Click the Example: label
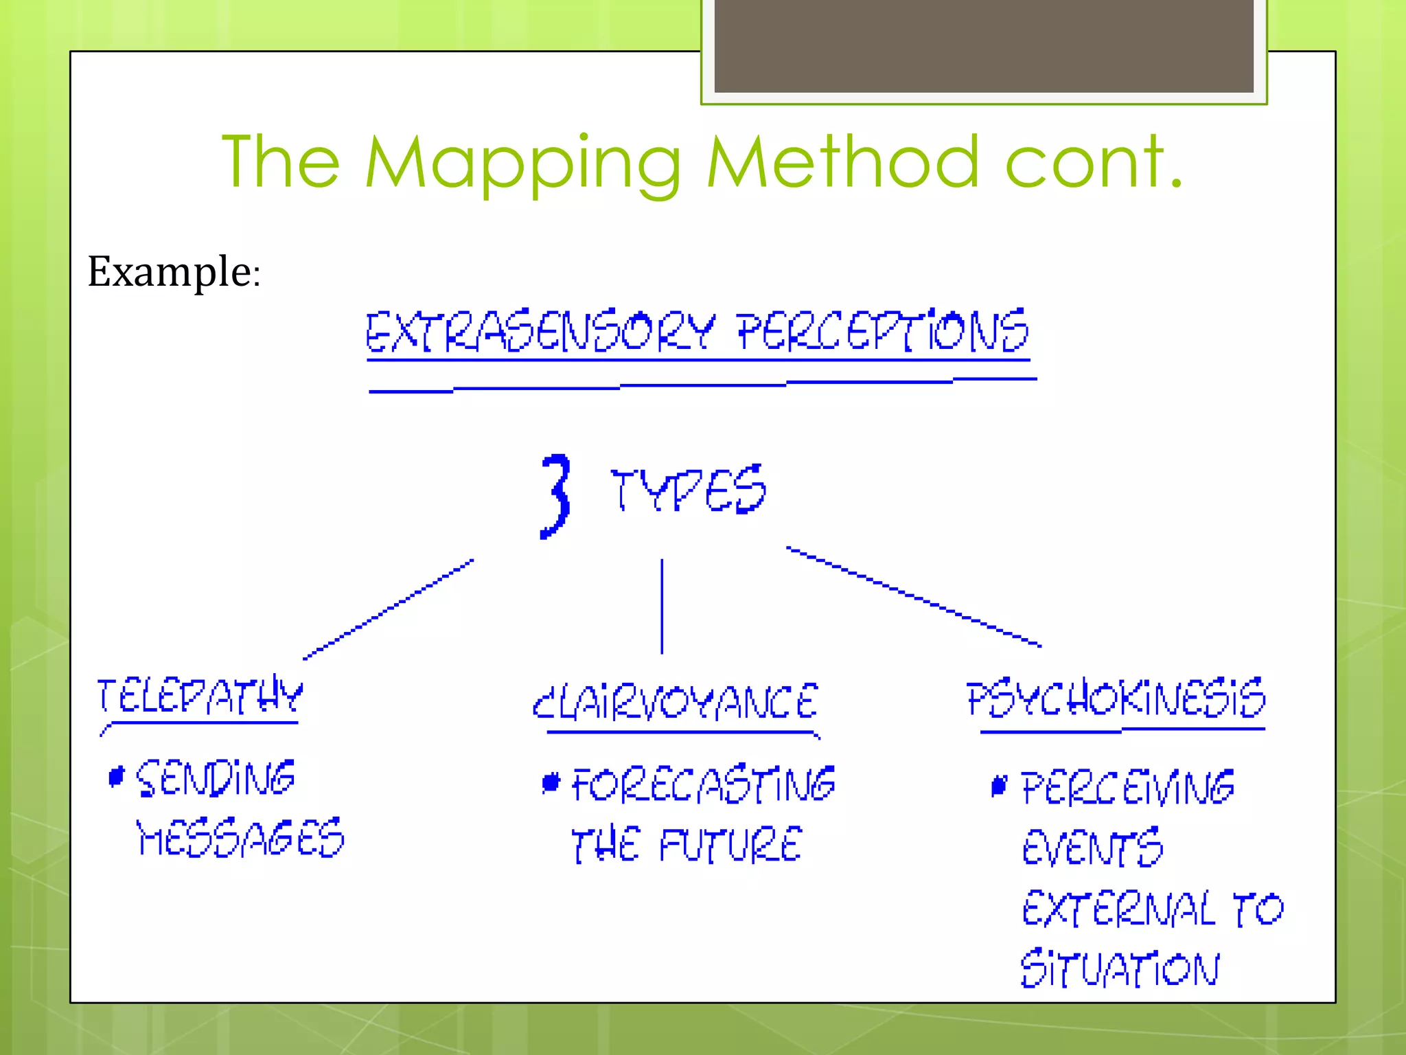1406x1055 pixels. coord(174,271)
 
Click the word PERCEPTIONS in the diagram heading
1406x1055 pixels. coord(883,331)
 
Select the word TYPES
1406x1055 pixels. coord(688,489)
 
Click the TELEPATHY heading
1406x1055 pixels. coord(199,696)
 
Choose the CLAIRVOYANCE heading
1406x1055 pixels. coord(676,701)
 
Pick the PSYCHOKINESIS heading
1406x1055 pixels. coord(1116,699)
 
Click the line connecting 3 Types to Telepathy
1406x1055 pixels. coord(388,609)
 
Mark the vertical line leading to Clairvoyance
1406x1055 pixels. coord(662,606)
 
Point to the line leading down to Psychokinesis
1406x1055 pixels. coord(913,596)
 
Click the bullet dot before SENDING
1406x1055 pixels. coord(117,777)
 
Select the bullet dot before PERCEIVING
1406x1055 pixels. coord(1000,786)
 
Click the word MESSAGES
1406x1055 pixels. coord(240,838)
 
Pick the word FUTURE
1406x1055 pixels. coord(730,845)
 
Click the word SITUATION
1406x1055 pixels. coord(1120,968)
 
